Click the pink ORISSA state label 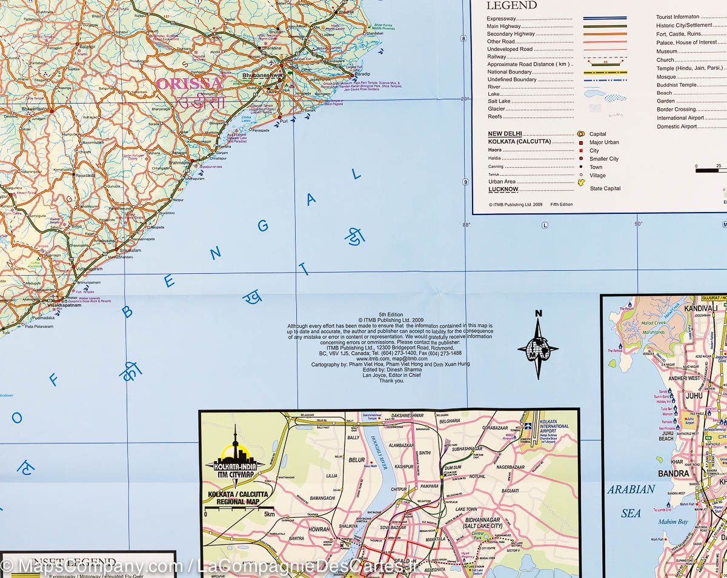click(x=189, y=83)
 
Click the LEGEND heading click(x=512, y=5)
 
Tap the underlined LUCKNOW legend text click(x=503, y=189)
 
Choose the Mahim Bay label click(x=674, y=522)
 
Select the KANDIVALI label click(x=700, y=308)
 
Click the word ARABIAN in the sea click(x=631, y=490)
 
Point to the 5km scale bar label click(x=269, y=514)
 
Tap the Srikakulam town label click(x=131, y=250)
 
